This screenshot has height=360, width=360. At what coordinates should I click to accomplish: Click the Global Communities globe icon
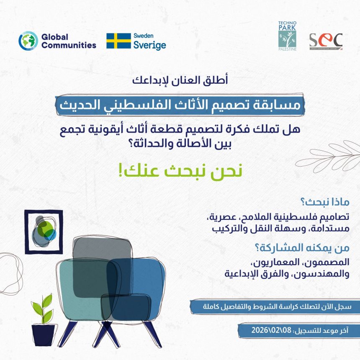click(x=28, y=41)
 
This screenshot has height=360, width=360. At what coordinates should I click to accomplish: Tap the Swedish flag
click(x=118, y=41)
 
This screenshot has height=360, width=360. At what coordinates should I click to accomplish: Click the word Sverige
click(x=149, y=45)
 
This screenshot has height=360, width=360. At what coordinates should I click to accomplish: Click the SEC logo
click(x=326, y=41)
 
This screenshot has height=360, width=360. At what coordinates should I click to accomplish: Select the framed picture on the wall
click(x=44, y=231)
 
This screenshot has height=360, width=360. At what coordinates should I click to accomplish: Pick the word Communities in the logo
click(x=69, y=45)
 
